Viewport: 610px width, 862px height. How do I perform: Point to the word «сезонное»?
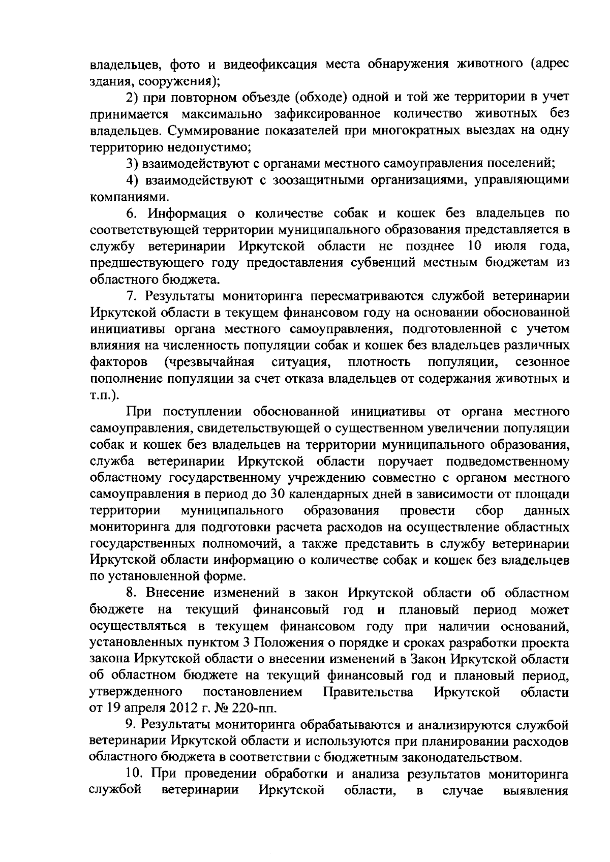pyautogui.click(x=542, y=362)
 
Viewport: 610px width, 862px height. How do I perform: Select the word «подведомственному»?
pyautogui.click(x=507, y=461)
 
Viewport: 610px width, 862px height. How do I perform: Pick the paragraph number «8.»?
pyautogui.click(x=132, y=594)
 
